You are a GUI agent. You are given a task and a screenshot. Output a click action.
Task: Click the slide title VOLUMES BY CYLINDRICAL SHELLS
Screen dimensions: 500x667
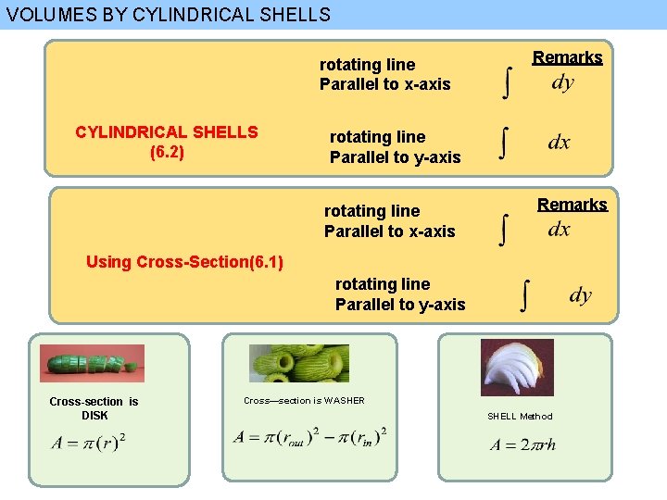point(168,15)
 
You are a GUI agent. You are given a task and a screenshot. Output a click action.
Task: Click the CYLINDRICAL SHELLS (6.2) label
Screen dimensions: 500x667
point(167,142)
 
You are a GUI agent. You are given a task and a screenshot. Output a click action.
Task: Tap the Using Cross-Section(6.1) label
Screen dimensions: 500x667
point(184,261)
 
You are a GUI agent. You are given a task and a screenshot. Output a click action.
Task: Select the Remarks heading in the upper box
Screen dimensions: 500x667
point(567,57)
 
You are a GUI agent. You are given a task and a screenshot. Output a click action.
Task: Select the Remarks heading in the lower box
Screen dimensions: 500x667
point(572,205)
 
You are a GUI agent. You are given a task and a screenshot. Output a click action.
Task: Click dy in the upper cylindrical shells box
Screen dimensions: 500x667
point(562,83)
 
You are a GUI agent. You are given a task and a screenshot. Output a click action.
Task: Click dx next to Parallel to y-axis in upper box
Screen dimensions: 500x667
point(559,143)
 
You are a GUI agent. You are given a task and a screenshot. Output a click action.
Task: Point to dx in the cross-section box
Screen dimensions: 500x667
point(559,230)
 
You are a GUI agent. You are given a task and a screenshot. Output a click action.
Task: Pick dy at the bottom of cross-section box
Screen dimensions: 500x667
point(580,295)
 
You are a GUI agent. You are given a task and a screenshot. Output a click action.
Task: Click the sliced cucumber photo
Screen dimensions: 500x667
point(92,363)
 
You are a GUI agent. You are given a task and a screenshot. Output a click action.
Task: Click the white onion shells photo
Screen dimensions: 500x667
point(517,368)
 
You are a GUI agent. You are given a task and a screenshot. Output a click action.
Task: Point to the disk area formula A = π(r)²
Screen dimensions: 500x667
point(90,442)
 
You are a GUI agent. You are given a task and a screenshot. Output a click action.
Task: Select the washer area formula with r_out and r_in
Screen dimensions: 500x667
point(310,436)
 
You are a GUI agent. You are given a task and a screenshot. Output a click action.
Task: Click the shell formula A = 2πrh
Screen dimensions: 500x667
point(522,444)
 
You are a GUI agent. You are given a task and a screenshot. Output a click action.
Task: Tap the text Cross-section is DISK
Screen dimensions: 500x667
point(94,408)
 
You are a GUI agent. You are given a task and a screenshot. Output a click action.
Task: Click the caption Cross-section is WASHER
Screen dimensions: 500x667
point(304,400)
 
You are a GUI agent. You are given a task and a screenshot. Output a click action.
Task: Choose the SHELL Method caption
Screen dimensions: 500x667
point(520,417)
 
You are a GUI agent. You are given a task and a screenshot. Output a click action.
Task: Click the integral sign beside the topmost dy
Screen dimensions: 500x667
point(505,81)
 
